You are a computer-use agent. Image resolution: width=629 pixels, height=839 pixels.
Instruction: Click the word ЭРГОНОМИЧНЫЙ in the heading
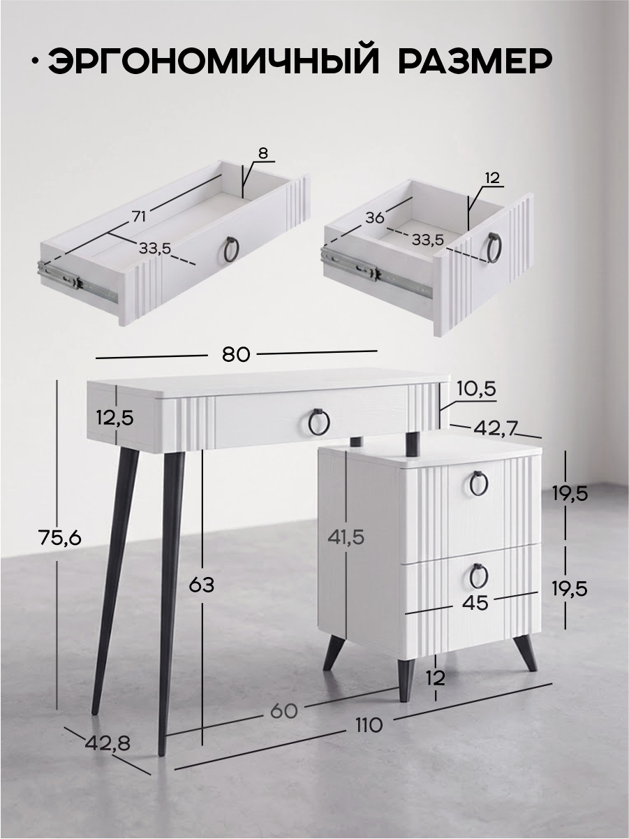[214, 61]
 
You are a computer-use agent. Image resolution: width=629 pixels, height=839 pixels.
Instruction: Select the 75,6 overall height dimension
[60, 539]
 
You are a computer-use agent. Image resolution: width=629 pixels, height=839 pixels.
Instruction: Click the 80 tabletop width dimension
[236, 354]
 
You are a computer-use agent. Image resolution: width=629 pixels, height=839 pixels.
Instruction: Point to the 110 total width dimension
[369, 725]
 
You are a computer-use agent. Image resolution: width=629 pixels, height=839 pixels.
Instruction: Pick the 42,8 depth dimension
[108, 743]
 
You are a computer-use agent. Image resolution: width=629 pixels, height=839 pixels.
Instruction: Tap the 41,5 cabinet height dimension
[346, 538]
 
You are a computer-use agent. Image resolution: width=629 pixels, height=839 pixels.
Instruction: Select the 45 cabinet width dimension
[475, 603]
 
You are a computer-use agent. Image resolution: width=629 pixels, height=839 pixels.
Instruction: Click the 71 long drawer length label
[140, 217]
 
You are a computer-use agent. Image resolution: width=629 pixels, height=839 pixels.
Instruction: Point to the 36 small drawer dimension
[375, 218]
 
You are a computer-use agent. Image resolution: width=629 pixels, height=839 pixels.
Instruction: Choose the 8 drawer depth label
[263, 153]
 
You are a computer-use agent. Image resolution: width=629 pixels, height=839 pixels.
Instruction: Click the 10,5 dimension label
[478, 390]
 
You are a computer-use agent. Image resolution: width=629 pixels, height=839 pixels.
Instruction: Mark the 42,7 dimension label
[495, 429]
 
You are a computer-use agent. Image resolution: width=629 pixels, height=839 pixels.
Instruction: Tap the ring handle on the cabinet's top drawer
[479, 483]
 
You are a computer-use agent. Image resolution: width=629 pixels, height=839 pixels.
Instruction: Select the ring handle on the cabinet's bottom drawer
[478, 576]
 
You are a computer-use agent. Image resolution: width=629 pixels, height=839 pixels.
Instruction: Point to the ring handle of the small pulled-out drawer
[496, 248]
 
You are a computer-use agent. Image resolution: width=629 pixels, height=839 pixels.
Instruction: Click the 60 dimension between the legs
[283, 711]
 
